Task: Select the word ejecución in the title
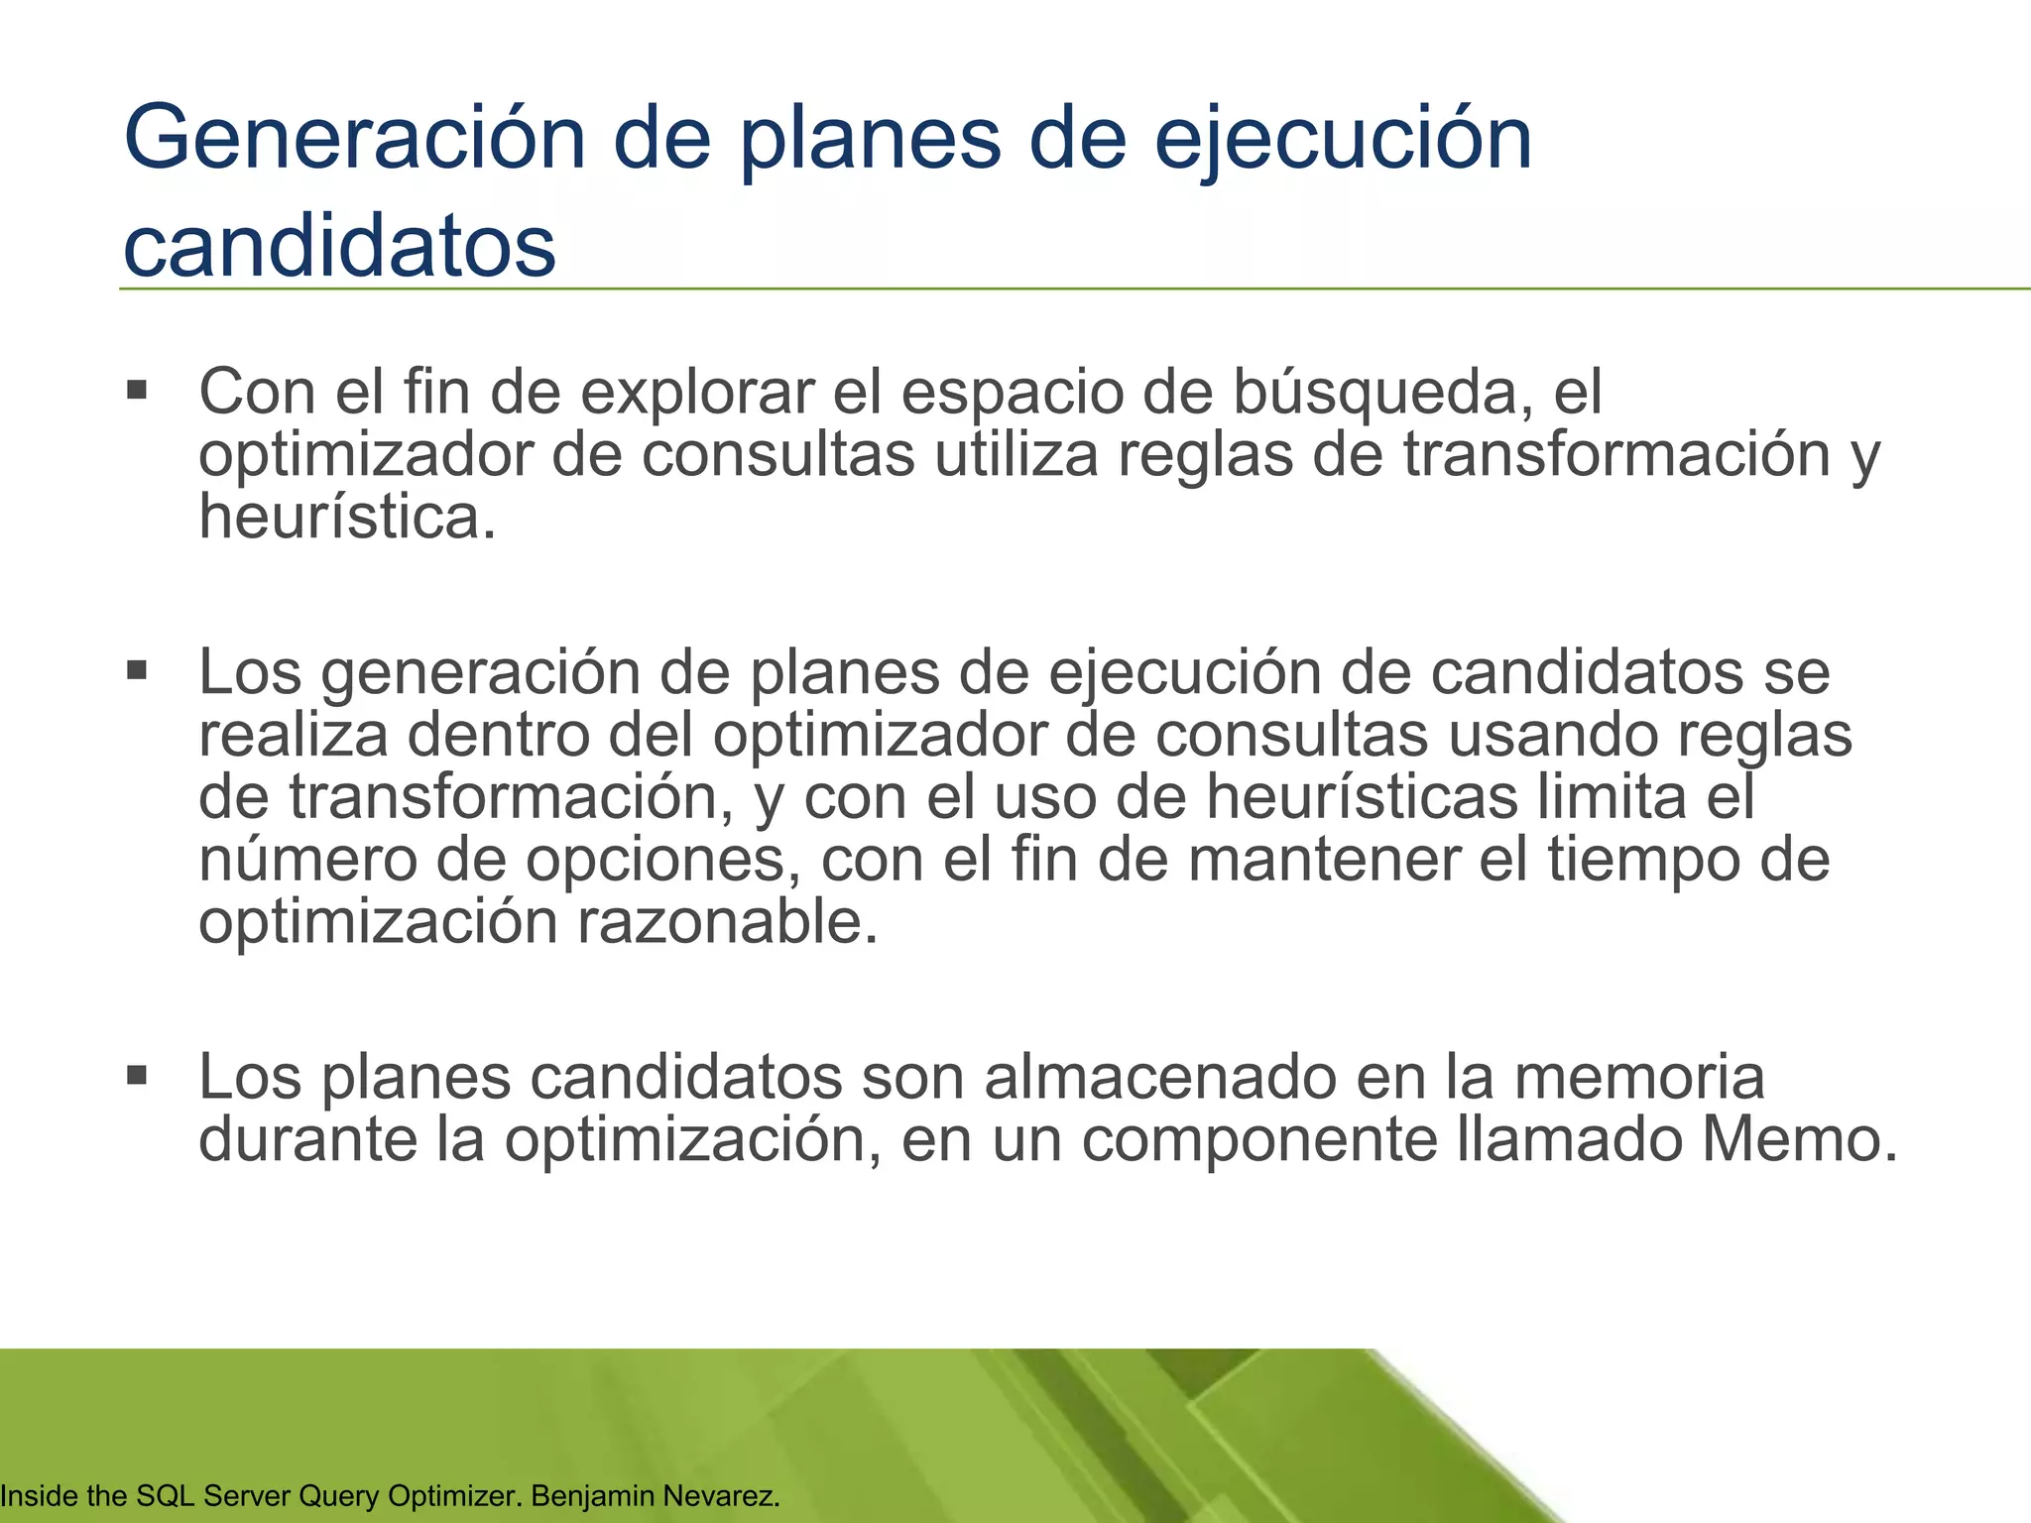1343,141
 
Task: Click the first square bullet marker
137,389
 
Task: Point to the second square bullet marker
137,671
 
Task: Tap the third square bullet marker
137,1075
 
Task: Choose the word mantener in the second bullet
1324,860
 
